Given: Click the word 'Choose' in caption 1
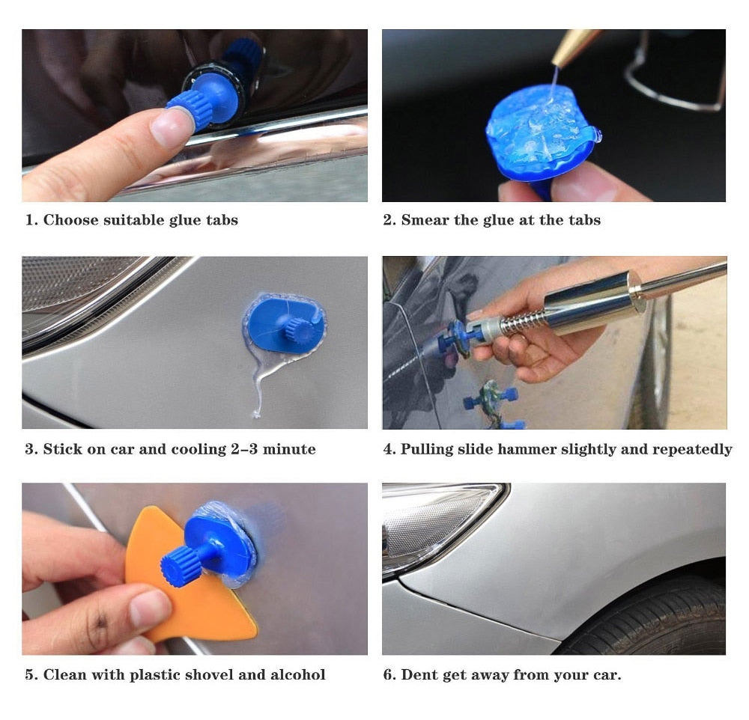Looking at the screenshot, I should (x=68, y=220).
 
